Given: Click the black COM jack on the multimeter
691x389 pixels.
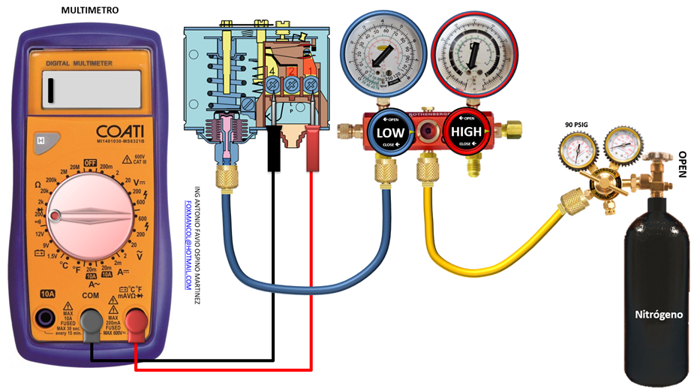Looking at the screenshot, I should pyautogui.click(x=92, y=322).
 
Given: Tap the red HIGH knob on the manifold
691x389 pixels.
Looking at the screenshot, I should pyautogui.click(x=465, y=132).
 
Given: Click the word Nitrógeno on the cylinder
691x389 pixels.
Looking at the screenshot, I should pyautogui.click(x=659, y=315).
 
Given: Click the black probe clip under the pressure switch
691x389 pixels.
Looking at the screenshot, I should pyautogui.click(x=273, y=147).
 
